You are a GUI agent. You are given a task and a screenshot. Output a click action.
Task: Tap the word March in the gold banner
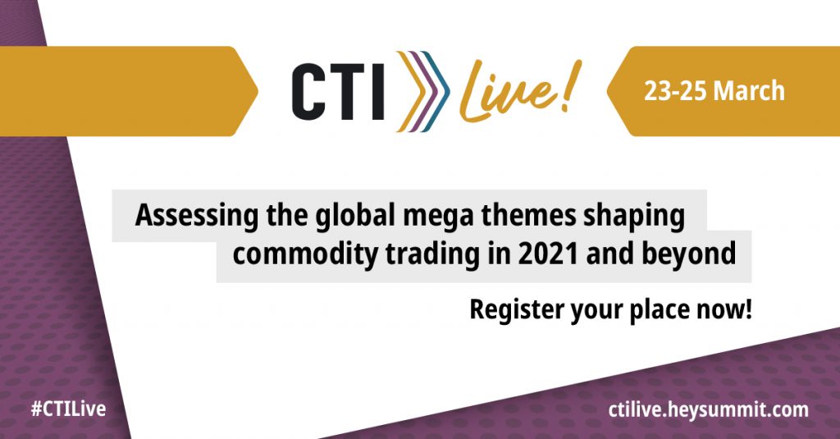click(x=748, y=91)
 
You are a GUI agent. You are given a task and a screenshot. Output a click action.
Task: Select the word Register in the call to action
click(x=516, y=311)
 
